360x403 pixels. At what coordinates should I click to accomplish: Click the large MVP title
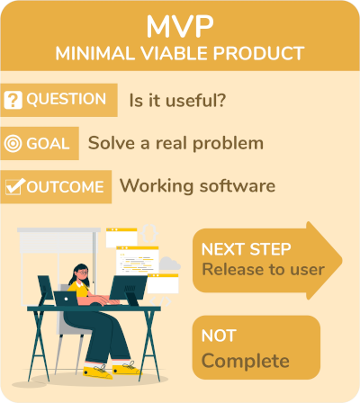click(x=180, y=26)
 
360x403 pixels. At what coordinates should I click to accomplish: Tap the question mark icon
click(x=13, y=100)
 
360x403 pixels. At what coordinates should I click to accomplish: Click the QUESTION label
click(x=67, y=99)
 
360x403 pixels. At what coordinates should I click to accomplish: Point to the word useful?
click(x=195, y=100)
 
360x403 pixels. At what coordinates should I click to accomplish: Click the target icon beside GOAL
click(x=13, y=143)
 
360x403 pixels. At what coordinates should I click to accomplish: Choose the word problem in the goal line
click(x=228, y=144)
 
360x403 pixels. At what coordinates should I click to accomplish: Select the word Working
click(x=157, y=186)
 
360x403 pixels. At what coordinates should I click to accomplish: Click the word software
click(x=238, y=185)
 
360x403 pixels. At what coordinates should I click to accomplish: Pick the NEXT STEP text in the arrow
click(x=246, y=249)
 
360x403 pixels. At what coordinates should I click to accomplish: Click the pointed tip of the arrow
click(x=342, y=260)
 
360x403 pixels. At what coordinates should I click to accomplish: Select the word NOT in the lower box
click(x=219, y=336)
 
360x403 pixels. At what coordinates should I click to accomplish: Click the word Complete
click(x=246, y=361)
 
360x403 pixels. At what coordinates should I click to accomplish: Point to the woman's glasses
click(x=82, y=273)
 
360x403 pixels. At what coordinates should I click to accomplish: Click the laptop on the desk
click(x=66, y=299)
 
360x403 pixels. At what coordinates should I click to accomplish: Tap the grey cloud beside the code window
click(x=169, y=264)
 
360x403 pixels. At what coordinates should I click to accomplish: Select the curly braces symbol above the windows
click(x=148, y=233)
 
